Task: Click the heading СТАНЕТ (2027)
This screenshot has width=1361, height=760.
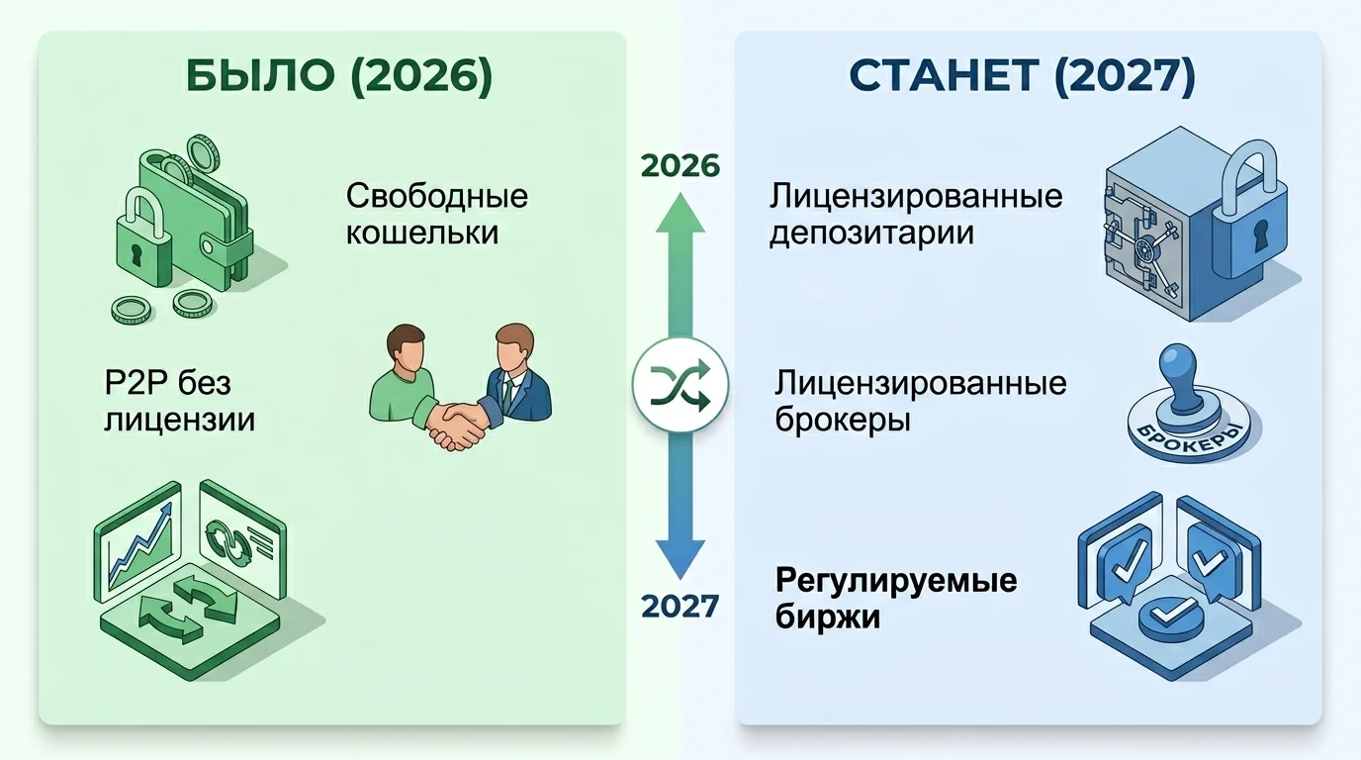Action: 1023,78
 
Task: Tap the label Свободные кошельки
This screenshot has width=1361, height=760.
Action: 436,214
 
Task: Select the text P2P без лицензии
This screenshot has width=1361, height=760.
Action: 179,401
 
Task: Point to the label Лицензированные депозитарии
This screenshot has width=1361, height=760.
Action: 916,214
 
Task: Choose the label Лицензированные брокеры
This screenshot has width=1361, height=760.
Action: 921,401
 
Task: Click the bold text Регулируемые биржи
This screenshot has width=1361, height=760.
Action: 896,598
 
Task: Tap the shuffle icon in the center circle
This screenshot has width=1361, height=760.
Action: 680,384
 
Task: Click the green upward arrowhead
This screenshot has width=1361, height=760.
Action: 680,211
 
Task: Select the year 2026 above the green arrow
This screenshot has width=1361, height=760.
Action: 680,166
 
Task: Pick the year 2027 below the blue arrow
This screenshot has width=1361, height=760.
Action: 680,605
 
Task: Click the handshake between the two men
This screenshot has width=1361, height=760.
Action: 456,423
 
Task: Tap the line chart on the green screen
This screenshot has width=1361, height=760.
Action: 141,544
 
